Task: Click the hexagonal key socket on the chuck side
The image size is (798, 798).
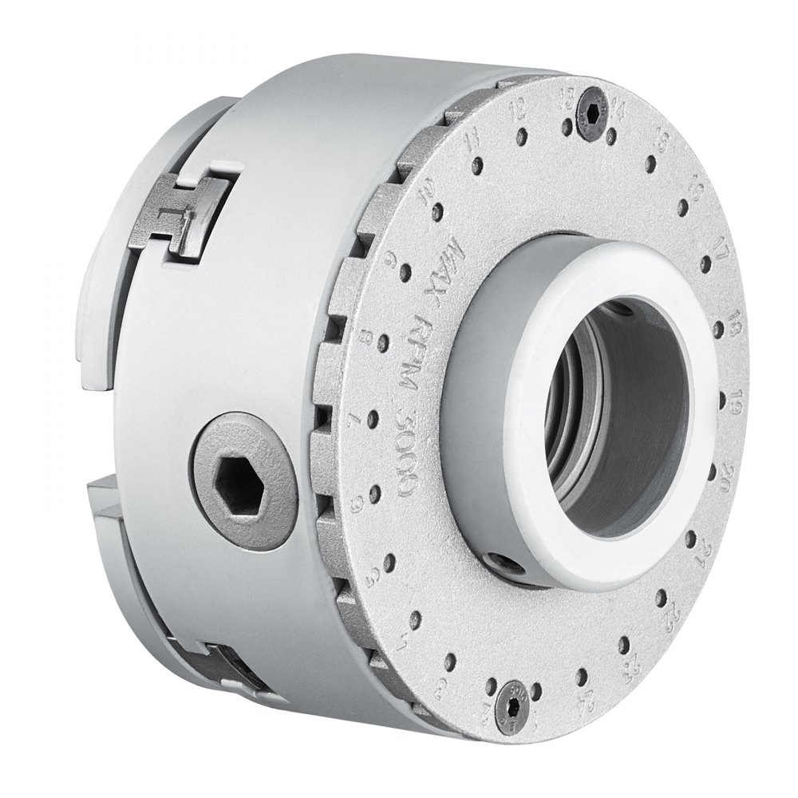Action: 241,481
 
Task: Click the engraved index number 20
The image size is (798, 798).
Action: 728,469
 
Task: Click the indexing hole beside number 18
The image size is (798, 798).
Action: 715,326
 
